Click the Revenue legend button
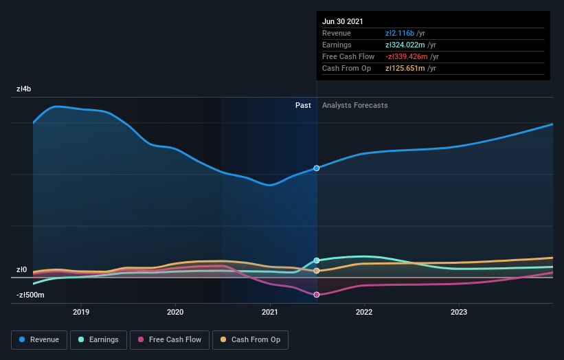click(x=40, y=339)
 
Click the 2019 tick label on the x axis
click(x=81, y=312)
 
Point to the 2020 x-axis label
click(x=175, y=312)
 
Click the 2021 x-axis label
click(x=270, y=312)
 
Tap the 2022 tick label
click(x=364, y=312)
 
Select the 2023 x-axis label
click(x=459, y=312)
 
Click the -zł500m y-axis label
click(x=31, y=295)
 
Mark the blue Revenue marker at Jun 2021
click(x=317, y=168)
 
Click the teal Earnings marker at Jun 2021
click(x=317, y=260)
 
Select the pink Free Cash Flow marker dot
click(x=317, y=295)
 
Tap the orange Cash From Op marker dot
click(x=317, y=271)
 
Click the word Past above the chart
click(x=303, y=106)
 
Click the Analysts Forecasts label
click(x=354, y=106)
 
